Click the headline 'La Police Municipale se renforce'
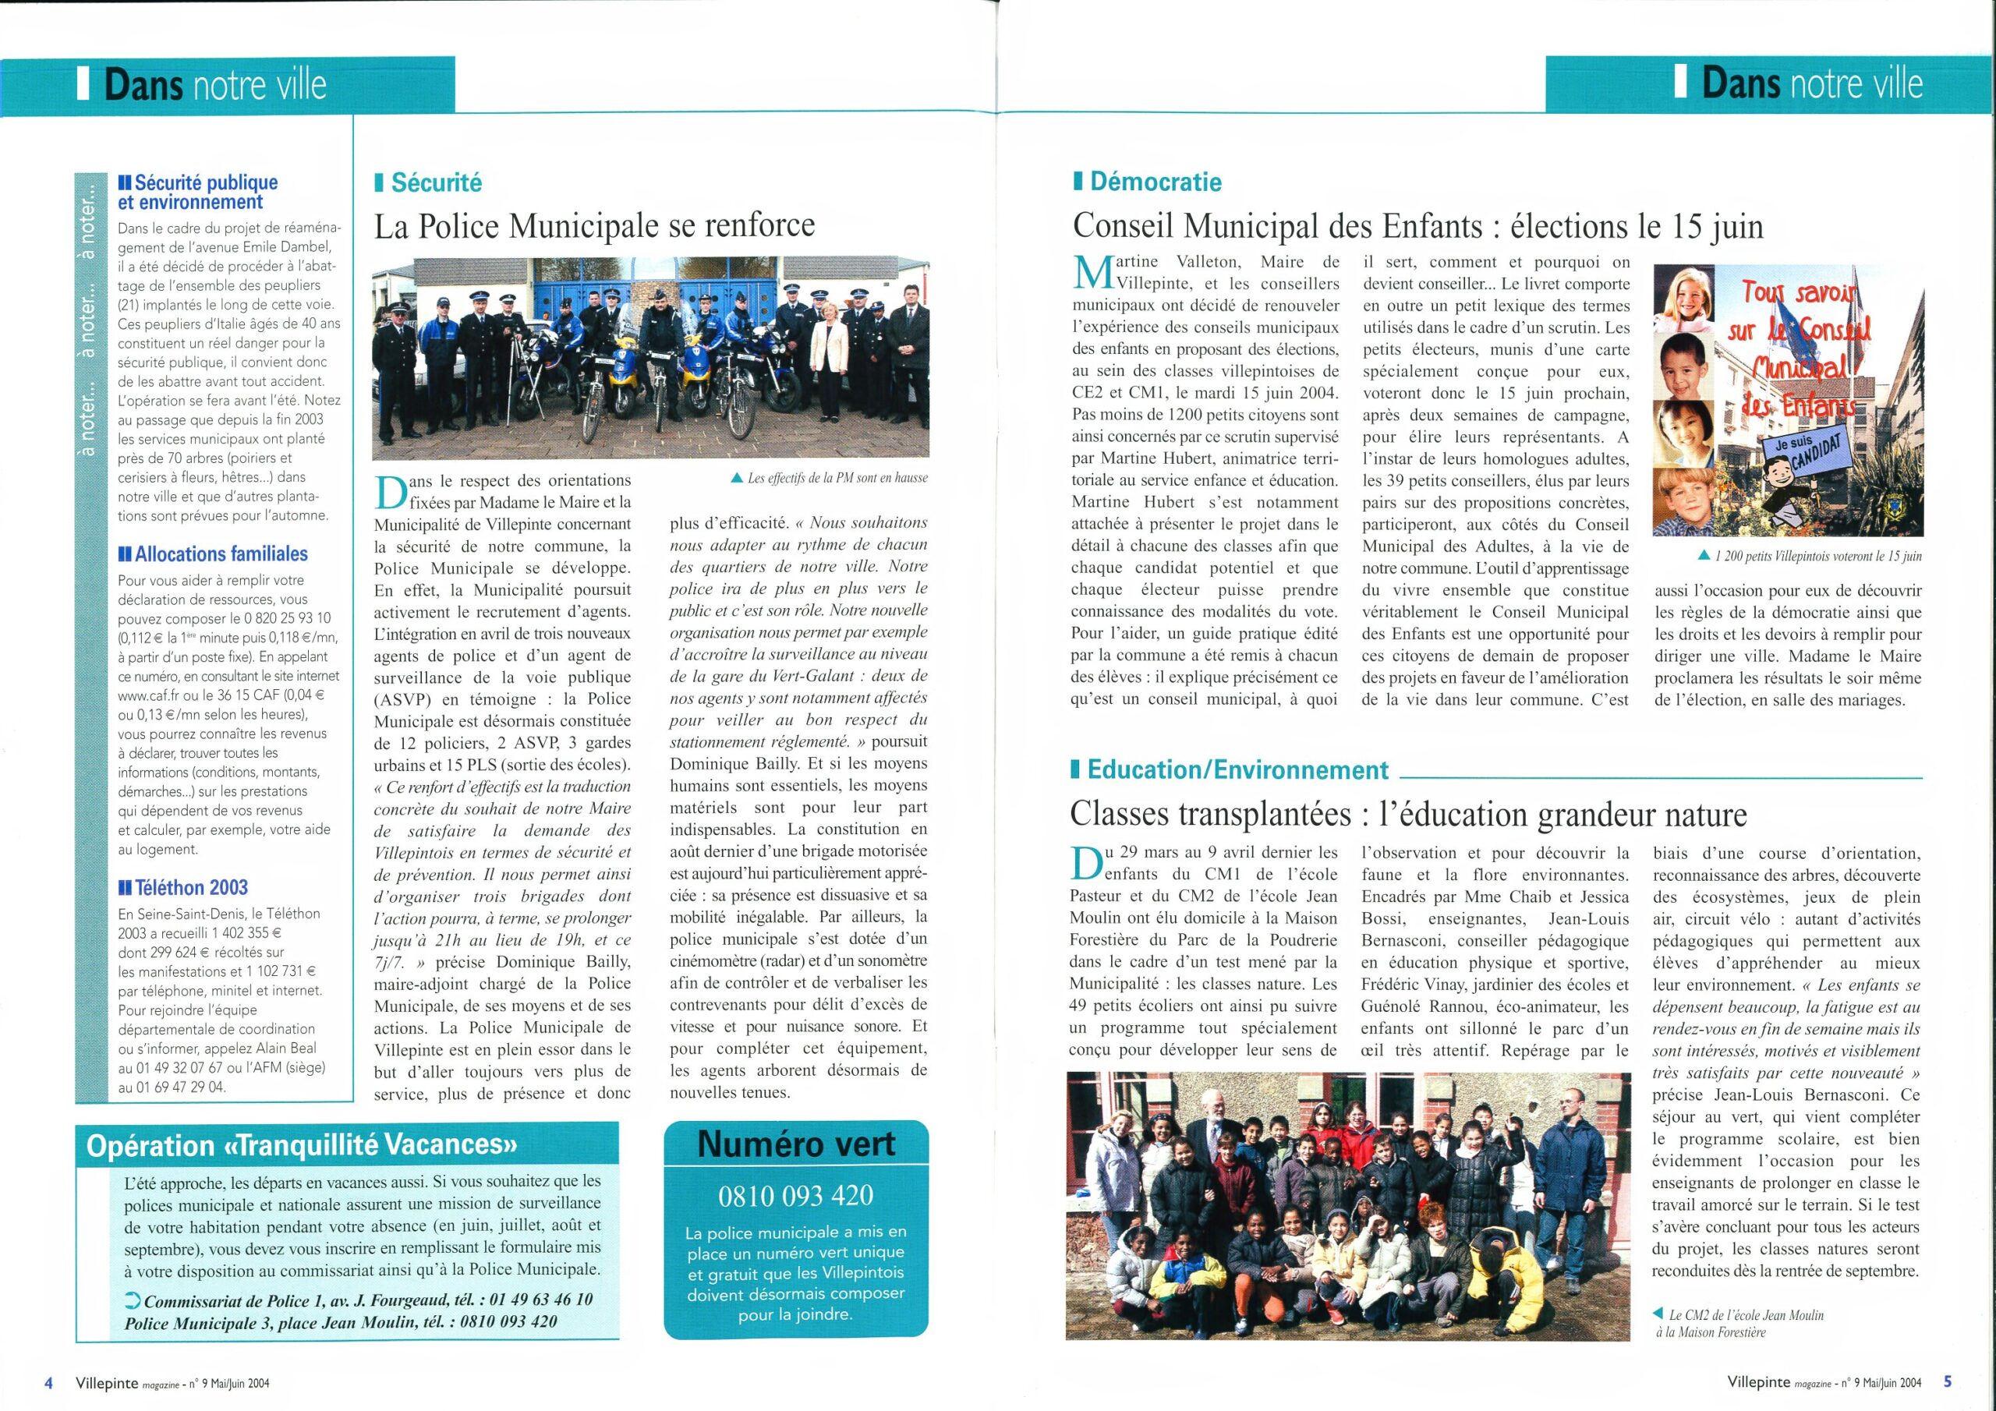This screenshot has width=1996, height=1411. pos(595,226)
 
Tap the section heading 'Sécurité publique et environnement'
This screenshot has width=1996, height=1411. pos(198,192)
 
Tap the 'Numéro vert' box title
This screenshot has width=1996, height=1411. pos(795,1144)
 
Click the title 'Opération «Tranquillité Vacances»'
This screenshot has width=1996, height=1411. pos(302,1145)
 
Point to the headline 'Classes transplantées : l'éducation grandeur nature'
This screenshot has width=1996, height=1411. pos(1407,815)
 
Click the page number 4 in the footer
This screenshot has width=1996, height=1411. pos(48,1382)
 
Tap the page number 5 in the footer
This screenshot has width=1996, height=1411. pos(1948,1381)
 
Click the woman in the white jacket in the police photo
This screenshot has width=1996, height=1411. pos(827,356)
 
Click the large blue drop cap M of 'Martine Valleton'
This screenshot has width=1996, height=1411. pos(1093,273)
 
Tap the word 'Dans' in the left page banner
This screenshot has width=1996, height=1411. pos(143,85)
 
